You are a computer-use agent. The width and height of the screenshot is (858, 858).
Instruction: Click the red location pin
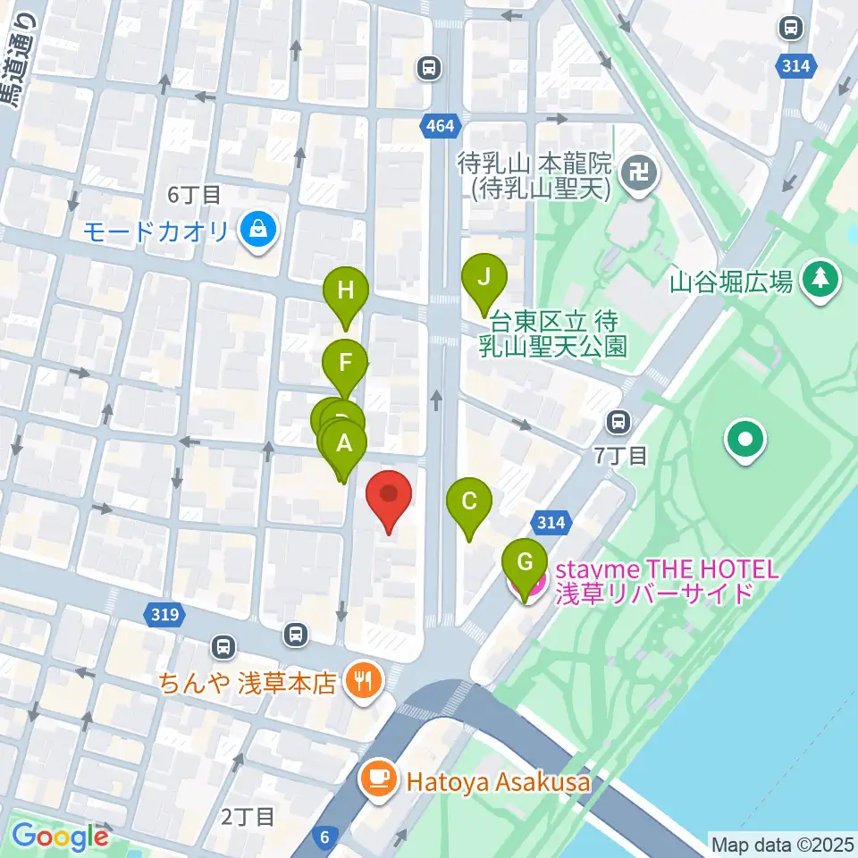pyautogui.click(x=389, y=497)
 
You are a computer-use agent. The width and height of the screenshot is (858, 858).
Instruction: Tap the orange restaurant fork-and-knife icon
pyautogui.click(x=364, y=683)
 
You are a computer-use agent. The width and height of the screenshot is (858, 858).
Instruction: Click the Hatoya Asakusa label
pyautogui.click(x=498, y=782)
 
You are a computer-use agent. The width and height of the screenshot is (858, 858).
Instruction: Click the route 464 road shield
pyautogui.click(x=439, y=127)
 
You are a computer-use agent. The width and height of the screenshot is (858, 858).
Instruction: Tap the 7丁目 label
pyautogui.click(x=621, y=455)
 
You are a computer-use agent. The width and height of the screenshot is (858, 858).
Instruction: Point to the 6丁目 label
pyautogui.click(x=194, y=193)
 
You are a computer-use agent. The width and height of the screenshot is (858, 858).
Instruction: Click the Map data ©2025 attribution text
pyautogui.click(x=781, y=844)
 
